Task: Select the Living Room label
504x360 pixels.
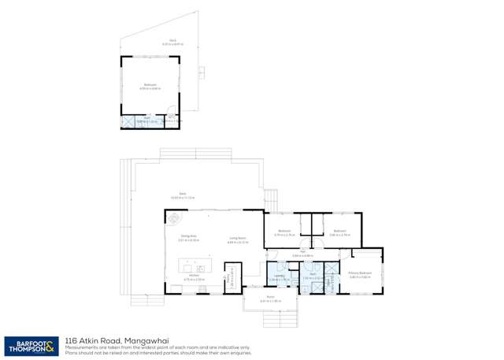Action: coord(237,239)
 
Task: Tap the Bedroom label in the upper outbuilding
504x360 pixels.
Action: coord(150,86)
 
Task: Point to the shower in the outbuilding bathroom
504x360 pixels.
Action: coord(129,122)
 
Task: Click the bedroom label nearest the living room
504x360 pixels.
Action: coord(284,232)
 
